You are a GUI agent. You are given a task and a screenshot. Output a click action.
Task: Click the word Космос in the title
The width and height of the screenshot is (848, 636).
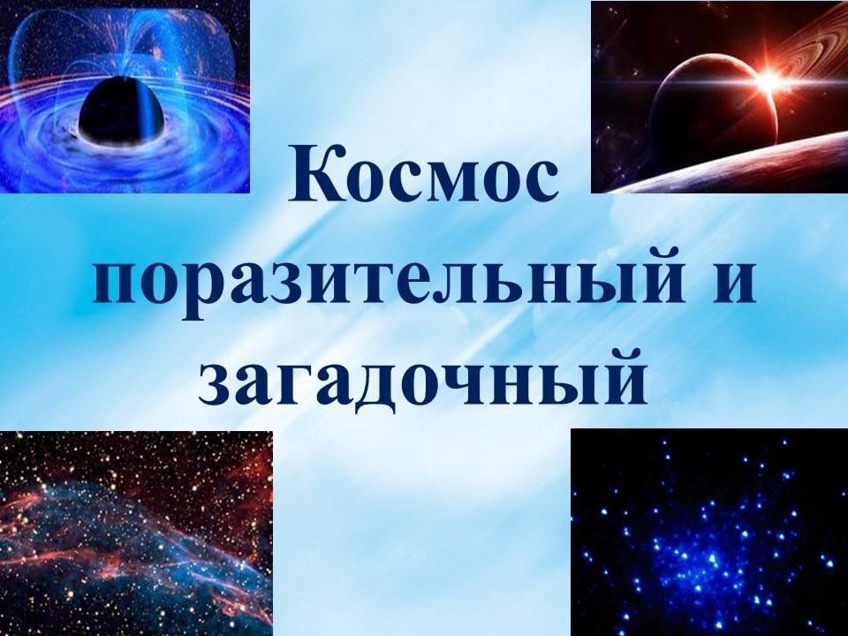[423, 173]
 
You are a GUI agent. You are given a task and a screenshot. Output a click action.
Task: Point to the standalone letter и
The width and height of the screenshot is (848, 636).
[730, 284]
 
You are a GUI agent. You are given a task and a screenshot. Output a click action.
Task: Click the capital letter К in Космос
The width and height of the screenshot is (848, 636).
[314, 173]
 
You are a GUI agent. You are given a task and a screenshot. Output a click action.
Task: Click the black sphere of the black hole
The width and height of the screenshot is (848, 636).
[121, 111]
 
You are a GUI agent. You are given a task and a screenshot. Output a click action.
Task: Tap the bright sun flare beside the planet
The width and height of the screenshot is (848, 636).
[768, 82]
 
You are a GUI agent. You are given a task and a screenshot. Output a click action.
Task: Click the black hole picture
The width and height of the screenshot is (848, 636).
[125, 96]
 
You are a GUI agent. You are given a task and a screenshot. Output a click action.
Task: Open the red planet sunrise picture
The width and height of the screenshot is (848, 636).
[719, 96]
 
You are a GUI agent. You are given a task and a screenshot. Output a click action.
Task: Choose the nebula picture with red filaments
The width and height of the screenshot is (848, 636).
[136, 534]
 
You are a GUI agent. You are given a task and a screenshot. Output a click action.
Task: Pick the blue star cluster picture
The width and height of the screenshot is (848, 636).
[709, 532]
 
